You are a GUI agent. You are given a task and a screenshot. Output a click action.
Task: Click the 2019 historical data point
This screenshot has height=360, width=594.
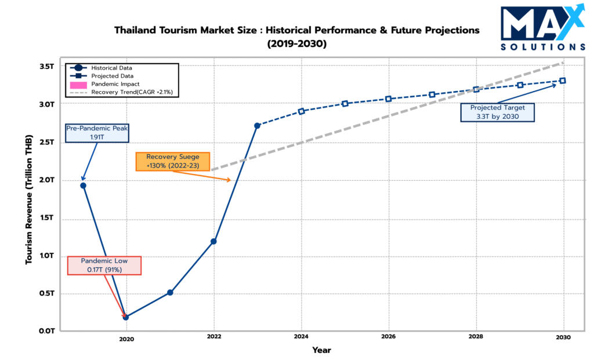pyautogui.click(x=83, y=186)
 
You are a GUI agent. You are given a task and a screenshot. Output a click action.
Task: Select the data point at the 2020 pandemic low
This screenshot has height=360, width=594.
pyautogui.click(x=126, y=317)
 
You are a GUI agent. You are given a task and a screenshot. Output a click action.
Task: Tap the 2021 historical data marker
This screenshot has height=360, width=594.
pyautogui.click(x=170, y=292)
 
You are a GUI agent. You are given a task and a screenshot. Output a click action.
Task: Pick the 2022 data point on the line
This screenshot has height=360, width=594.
pyautogui.click(x=213, y=241)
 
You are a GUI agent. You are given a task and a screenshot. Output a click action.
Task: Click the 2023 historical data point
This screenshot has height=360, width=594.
pyautogui.click(x=257, y=125)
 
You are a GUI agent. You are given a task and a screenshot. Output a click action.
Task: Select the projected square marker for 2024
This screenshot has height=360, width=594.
pyautogui.click(x=302, y=111)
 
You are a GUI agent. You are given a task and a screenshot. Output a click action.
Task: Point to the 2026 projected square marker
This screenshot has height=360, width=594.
pyautogui.click(x=389, y=99)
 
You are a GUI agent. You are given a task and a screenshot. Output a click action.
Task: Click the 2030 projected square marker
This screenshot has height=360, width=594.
pyautogui.click(x=563, y=81)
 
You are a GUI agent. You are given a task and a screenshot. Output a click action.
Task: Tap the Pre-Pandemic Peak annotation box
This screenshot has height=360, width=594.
pyautogui.click(x=96, y=133)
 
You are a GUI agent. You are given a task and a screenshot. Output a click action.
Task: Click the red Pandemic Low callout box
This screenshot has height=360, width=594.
pyautogui.click(x=104, y=265)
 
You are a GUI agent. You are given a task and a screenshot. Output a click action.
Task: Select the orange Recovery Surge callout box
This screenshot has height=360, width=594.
pyautogui.click(x=173, y=161)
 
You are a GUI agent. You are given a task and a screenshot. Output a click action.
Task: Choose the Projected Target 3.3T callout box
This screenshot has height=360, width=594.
pyautogui.click(x=497, y=112)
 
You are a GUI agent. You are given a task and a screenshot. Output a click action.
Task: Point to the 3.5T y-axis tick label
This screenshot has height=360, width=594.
pyautogui.click(x=46, y=66)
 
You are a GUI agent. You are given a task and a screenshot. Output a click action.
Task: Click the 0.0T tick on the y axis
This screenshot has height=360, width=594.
pyautogui.click(x=46, y=331)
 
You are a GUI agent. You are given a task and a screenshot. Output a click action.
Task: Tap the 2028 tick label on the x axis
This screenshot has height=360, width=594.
pyautogui.click(x=476, y=336)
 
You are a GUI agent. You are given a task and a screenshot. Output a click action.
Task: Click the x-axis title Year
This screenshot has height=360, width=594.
pyautogui.click(x=322, y=350)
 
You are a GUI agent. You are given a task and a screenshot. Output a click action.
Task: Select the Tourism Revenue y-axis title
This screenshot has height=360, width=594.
pyautogui.click(x=28, y=198)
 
